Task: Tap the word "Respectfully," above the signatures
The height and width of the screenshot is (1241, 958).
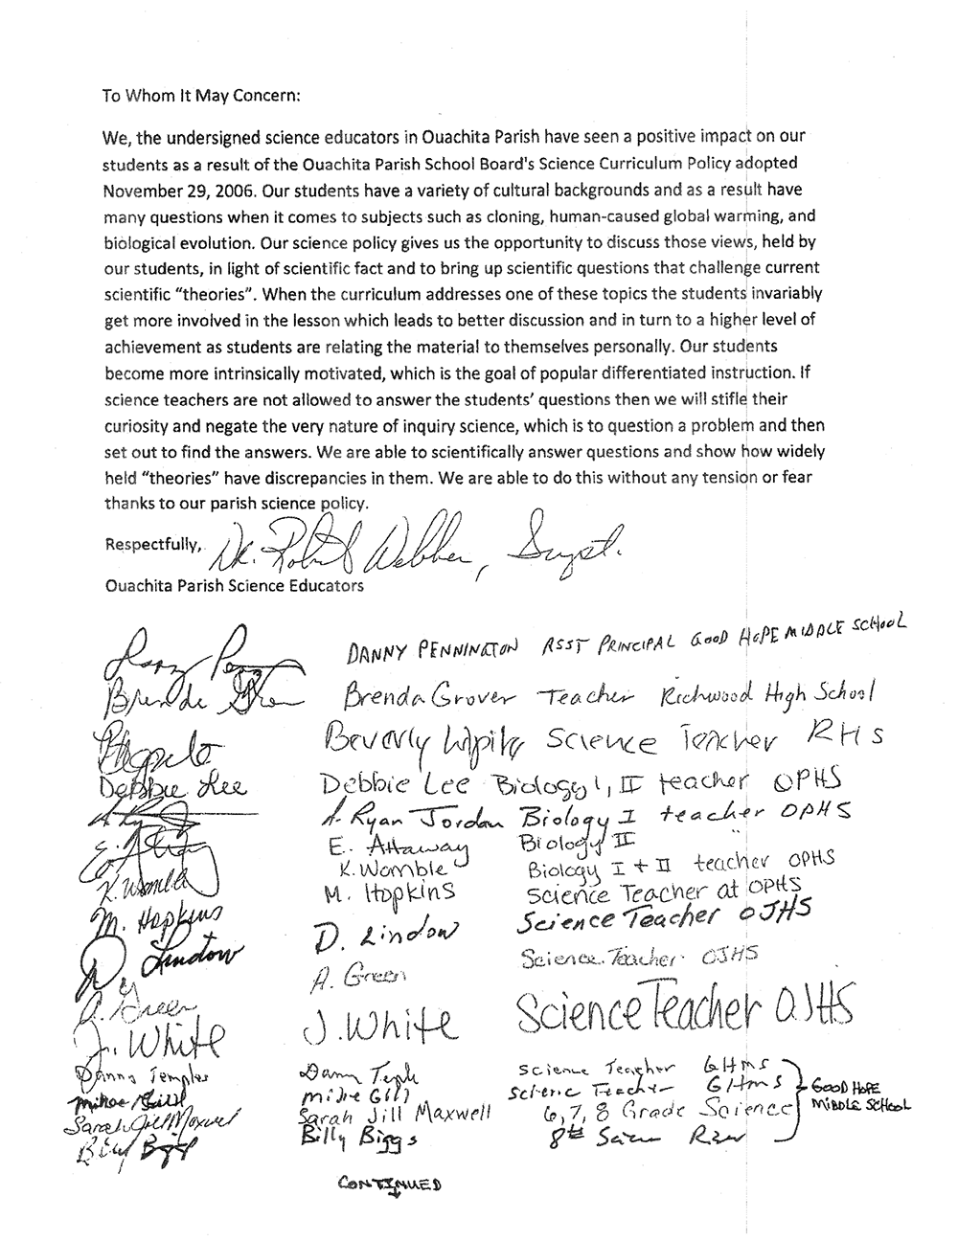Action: (153, 544)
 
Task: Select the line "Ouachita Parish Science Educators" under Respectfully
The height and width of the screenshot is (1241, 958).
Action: (235, 585)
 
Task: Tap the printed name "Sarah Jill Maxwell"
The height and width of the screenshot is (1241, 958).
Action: (395, 1115)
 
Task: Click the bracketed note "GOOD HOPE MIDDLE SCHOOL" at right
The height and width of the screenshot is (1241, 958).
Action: (860, 1096)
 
